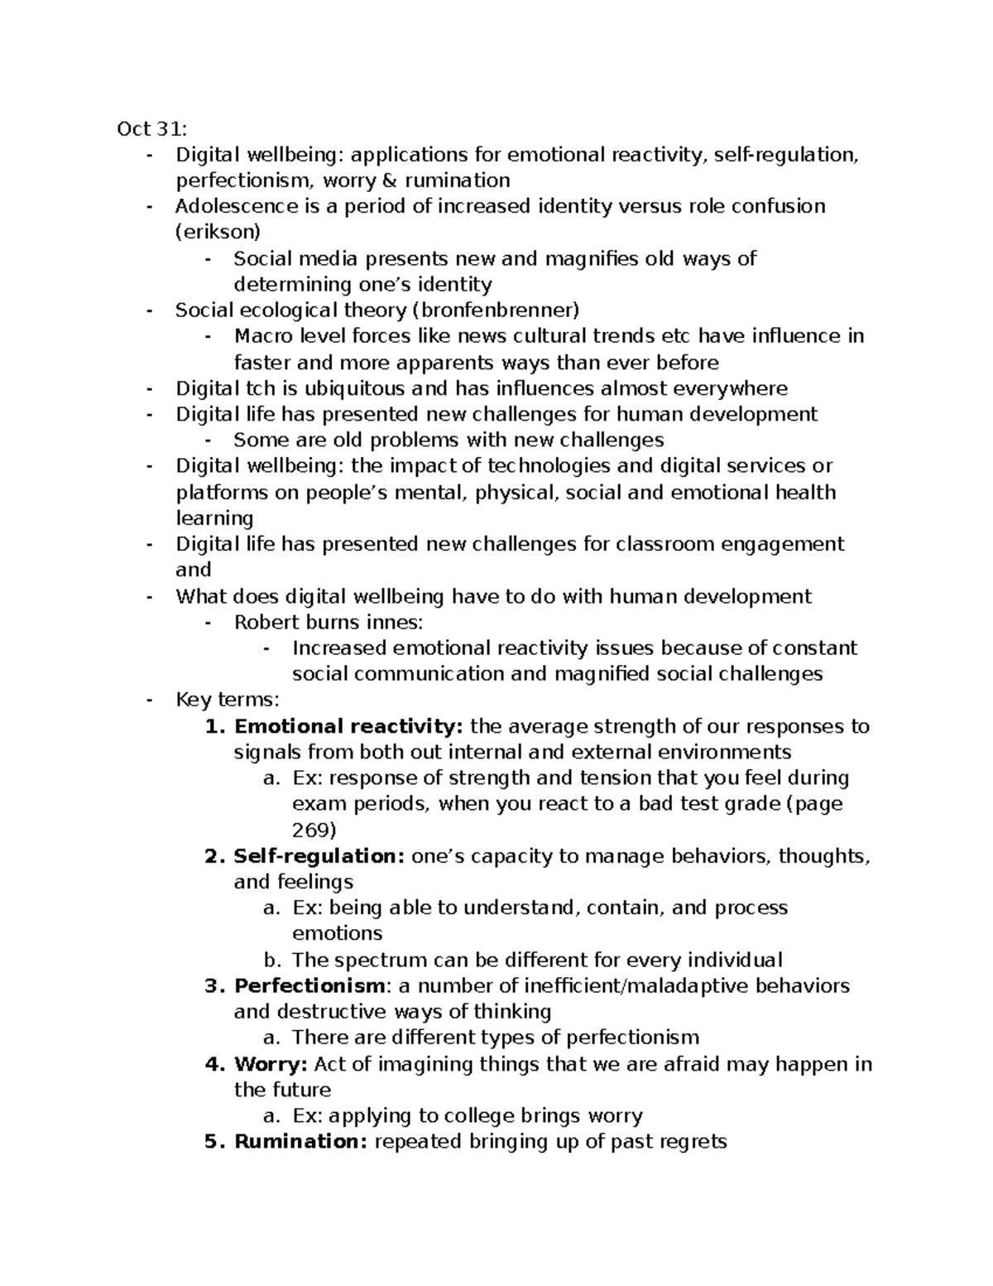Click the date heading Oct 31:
coord(152,128)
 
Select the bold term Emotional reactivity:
coord(348,726)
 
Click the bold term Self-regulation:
coord(319,855)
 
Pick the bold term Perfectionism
coord(309,985)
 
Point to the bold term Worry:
coord(271,1063)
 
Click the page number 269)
coord(314,830)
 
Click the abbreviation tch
coord(257,388)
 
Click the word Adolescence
coord(236,205)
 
